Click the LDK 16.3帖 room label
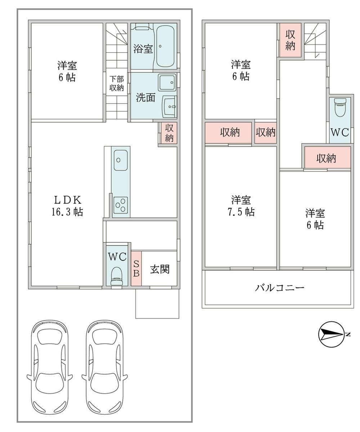point(67,206)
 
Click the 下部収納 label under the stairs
point(117,83)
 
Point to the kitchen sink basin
point(120,160)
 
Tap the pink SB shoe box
point(136,268)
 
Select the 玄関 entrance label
point(160,269)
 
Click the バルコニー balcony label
point(279,288)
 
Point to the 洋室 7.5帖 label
point(241,206)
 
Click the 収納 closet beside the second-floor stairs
point(290,40)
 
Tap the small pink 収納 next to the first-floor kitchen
point(169,133)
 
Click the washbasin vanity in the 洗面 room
point(170,106)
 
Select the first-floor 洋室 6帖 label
point(67,71)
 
